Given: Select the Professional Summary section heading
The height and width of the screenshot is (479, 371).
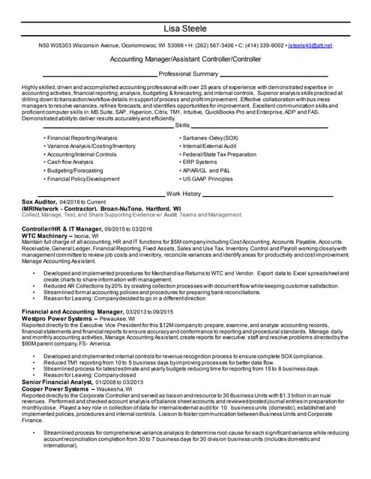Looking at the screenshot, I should pyautogui.click(x=189, y=74).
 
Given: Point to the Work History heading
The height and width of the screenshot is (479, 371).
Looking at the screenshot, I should pyautogui.click(x=184, y=193).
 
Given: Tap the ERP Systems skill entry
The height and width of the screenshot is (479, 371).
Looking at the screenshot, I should pyautogui.click(x=200, y=162).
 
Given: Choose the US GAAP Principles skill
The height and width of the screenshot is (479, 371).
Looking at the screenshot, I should pyautogui.click(x=208, y=179).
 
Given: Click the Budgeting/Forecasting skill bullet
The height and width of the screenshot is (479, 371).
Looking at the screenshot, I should pyautogui.click(x=74, y=171).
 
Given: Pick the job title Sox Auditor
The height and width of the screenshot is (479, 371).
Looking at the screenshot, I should pyautogui.click(x=39, y=202).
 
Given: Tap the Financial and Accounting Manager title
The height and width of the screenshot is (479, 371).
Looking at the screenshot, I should pyautogui.click(x=73, y=310).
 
